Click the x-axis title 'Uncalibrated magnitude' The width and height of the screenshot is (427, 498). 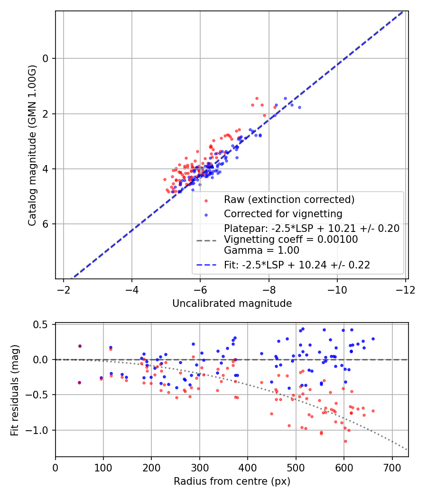tap(232, 304)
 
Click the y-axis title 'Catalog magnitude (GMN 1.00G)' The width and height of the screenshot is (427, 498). tap(32, 145)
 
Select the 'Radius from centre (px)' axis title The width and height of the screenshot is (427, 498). tap(232, 481)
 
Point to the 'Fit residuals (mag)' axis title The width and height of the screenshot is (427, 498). tap(15, 390)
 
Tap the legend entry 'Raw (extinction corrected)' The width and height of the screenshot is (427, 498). tap(289, 199)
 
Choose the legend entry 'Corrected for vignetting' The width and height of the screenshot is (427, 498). tap(283, 214)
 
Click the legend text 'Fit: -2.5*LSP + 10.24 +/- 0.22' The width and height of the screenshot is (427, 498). tap(297, 265)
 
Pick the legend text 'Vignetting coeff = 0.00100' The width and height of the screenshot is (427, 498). tap(291, 240)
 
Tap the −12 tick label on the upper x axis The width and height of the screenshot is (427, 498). tap(405, 290)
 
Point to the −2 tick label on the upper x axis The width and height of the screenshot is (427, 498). tap(64, 290)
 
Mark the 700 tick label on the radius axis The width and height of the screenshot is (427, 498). tap(392, 468)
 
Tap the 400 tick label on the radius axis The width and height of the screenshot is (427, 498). tap(248, 468)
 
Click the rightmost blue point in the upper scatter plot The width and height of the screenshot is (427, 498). tap(299, 107)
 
